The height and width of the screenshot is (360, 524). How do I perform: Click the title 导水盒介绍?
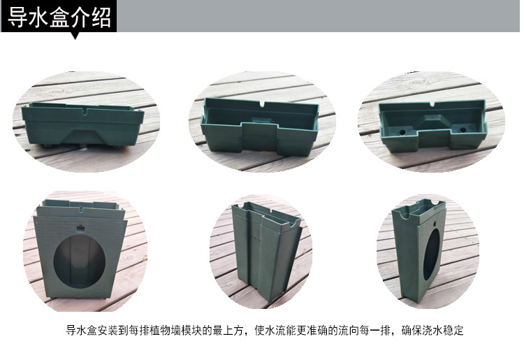59,17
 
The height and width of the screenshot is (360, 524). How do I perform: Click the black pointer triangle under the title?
75,36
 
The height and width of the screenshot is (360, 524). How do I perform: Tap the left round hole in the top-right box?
402,131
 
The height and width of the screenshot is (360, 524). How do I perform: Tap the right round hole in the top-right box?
463,129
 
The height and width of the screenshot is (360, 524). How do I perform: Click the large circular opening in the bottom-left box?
80,261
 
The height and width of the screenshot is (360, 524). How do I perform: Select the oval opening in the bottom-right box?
432,254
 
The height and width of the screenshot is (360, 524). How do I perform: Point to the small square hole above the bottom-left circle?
80,228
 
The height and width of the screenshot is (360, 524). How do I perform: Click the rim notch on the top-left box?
84,110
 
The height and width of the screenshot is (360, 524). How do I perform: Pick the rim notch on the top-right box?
432,105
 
